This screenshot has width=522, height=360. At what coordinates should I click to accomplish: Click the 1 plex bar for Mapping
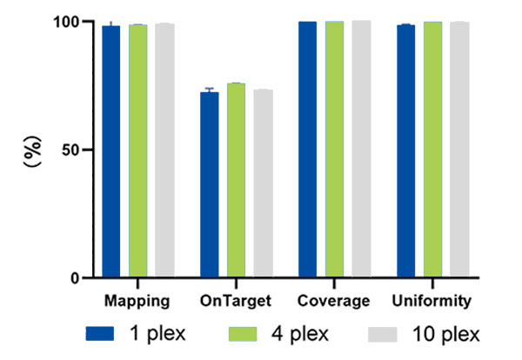tap(111, 152)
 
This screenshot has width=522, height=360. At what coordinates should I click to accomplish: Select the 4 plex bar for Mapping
tap(137, 151)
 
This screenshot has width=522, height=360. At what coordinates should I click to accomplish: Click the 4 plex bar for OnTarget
tap(236, 181)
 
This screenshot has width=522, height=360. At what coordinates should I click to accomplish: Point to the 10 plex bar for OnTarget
tap(263, 183)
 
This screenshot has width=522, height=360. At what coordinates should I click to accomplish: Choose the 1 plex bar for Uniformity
tap(406, 151)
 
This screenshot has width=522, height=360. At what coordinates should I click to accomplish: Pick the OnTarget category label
tap(236, 302)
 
